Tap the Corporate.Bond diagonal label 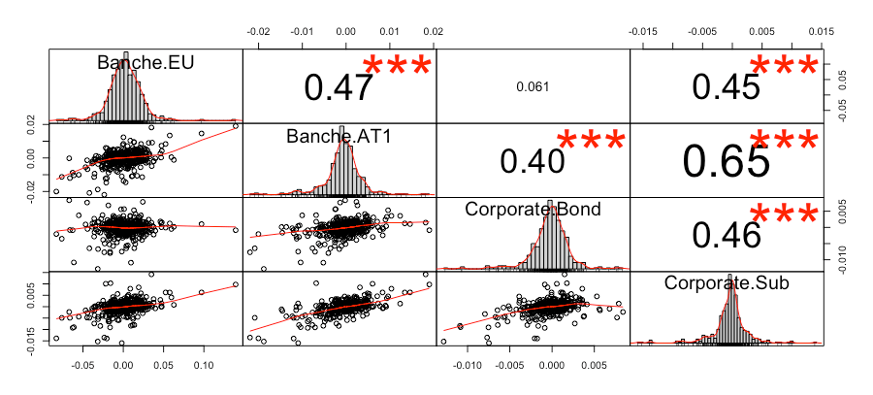click(532, 210)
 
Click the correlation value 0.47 click(339, 87)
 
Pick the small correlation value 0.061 click(533, 87)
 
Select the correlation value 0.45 click(726, 87)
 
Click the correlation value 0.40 click(533, 160)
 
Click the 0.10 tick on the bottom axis click(204, 367)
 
